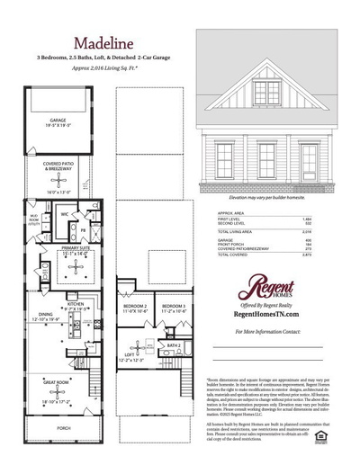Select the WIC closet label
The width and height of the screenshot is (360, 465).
[66, 215]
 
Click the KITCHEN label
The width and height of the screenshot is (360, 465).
[76, 304]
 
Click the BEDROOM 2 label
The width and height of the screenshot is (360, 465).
[134, 307]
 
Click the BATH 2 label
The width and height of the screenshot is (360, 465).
[175, 343]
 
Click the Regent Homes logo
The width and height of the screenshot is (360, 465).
[269, 287]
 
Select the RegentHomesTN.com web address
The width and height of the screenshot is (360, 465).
[271, 316]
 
